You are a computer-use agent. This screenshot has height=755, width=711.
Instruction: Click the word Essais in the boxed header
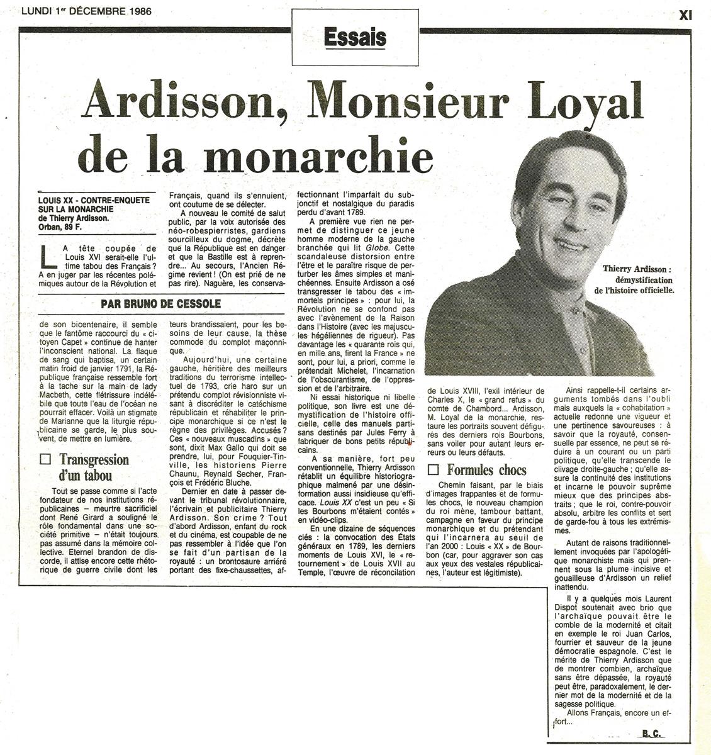click(x=355, y=38)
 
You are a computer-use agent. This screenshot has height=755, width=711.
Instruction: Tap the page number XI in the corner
click(x=686, y=14)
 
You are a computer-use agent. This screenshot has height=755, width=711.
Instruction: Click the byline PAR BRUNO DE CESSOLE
click(x=160, y=304)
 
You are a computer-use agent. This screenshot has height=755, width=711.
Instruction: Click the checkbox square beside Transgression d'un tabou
click(x=45, y=460)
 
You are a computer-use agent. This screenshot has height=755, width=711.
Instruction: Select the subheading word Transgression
click(x=94, y=459)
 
